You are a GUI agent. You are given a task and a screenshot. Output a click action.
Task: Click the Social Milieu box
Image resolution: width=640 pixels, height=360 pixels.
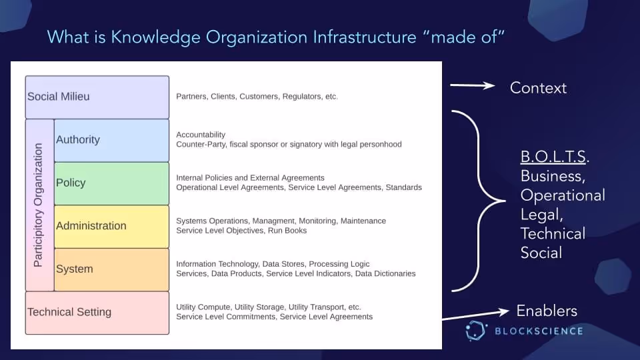click(x=97, y=97)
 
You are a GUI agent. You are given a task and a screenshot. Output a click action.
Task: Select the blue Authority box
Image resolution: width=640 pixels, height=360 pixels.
click(x=111, y=140)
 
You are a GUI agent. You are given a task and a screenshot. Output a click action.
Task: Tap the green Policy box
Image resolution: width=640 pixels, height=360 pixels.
click(x=111, y=183)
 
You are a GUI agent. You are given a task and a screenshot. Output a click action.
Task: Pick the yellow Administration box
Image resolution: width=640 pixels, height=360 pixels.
click(x=111, y=226)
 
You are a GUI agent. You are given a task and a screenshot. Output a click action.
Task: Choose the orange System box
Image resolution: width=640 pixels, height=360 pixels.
click(x=111, y=269)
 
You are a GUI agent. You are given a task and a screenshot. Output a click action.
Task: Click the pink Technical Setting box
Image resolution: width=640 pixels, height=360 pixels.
click(x=97, y=313)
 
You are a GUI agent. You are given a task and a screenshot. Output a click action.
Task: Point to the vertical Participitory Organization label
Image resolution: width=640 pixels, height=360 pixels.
click(x=38, y=205)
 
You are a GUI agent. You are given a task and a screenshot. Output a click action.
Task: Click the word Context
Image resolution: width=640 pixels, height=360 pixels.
click(x=538, y=88)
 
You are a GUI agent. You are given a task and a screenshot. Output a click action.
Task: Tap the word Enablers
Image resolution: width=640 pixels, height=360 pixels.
click(x=547, y=311)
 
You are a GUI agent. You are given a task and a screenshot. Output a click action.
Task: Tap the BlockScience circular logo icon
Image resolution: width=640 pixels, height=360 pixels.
click(x=477, y=331)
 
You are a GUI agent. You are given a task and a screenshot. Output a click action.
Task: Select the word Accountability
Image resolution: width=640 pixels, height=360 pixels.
click(x=201, y=135)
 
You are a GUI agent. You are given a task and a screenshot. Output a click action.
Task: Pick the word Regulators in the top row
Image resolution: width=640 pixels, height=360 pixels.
click(x=302, y=97)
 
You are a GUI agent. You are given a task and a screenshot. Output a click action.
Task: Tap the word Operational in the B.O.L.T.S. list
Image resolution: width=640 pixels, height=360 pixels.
click(x=563, y=195)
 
